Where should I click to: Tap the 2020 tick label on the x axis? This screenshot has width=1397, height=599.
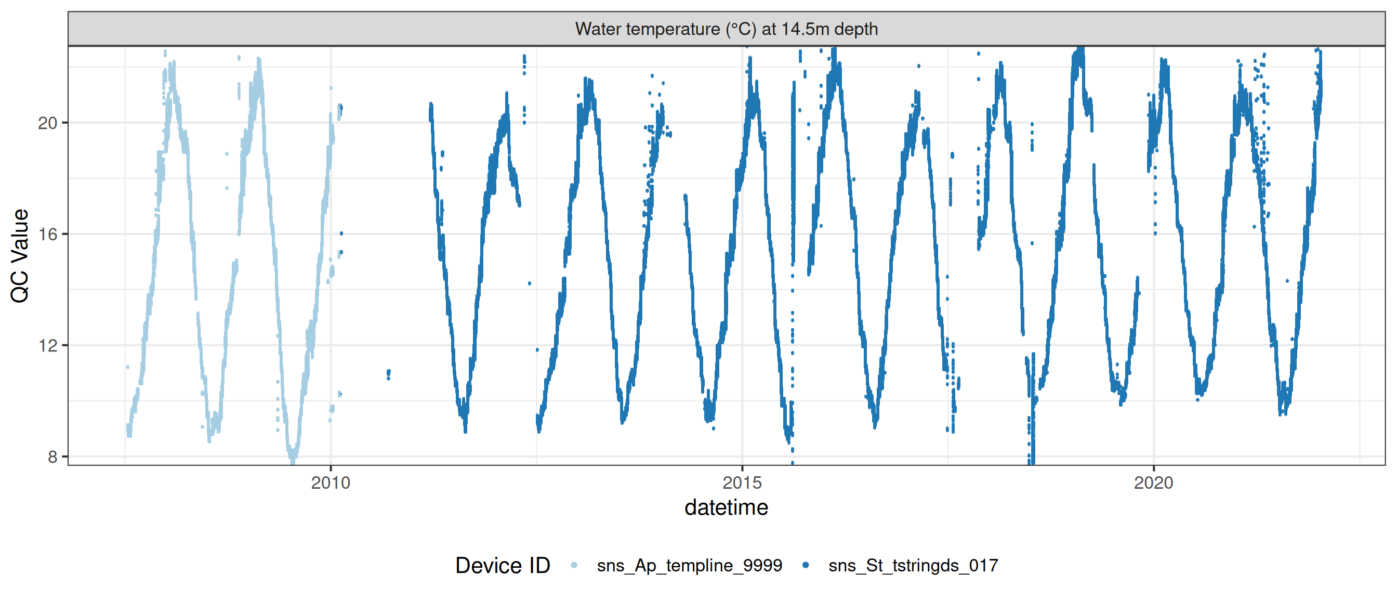coord(1153,483)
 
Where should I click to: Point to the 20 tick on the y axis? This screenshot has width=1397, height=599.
coord(48,123)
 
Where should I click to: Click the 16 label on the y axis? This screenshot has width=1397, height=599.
coord(48,235)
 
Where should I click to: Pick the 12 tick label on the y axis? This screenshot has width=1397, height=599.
coord(48,346)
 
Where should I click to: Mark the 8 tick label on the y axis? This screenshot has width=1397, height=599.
coord(52,457)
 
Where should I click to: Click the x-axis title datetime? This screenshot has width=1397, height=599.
coord(726,508)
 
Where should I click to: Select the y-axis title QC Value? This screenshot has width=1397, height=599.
coord(20,255)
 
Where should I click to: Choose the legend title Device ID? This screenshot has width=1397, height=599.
coord(502,565)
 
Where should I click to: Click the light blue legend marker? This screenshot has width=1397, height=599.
coord(574,565)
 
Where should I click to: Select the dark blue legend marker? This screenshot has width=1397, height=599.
coord(806,565)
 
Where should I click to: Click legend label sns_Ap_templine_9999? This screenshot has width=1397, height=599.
coord(689,565)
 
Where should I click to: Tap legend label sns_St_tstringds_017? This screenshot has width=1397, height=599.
coord(913,565)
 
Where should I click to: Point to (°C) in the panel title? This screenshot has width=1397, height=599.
coord(741,29)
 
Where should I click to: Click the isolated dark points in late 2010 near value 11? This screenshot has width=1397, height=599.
coord(388,374)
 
